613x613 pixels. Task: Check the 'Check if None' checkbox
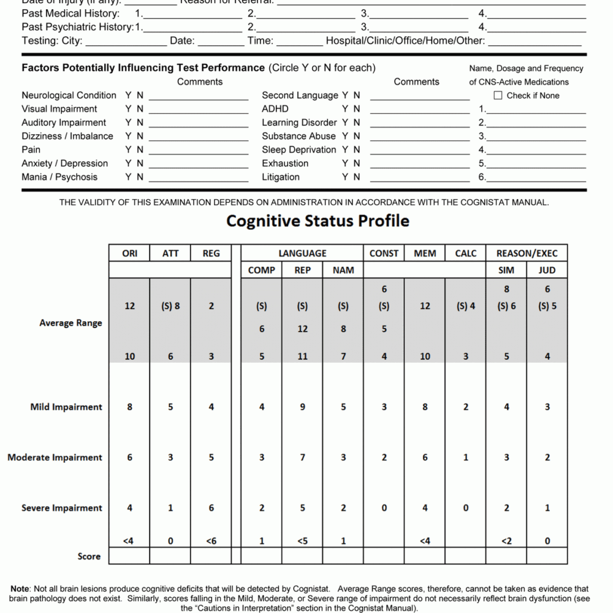498,96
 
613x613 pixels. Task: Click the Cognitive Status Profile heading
318,221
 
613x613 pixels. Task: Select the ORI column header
129,253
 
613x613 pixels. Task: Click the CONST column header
384,253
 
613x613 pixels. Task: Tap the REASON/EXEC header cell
527,253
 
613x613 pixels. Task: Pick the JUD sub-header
547,270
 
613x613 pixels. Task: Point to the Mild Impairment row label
66,407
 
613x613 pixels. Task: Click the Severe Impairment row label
62,508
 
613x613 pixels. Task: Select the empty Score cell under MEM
425,556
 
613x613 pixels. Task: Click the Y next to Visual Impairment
129,109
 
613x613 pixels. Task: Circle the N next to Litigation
357,177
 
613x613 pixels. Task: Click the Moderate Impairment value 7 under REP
302,457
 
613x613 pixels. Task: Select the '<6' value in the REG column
211,541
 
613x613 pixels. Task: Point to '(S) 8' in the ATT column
170,306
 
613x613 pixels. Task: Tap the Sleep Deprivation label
299,150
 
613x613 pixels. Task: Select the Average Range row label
70,323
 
